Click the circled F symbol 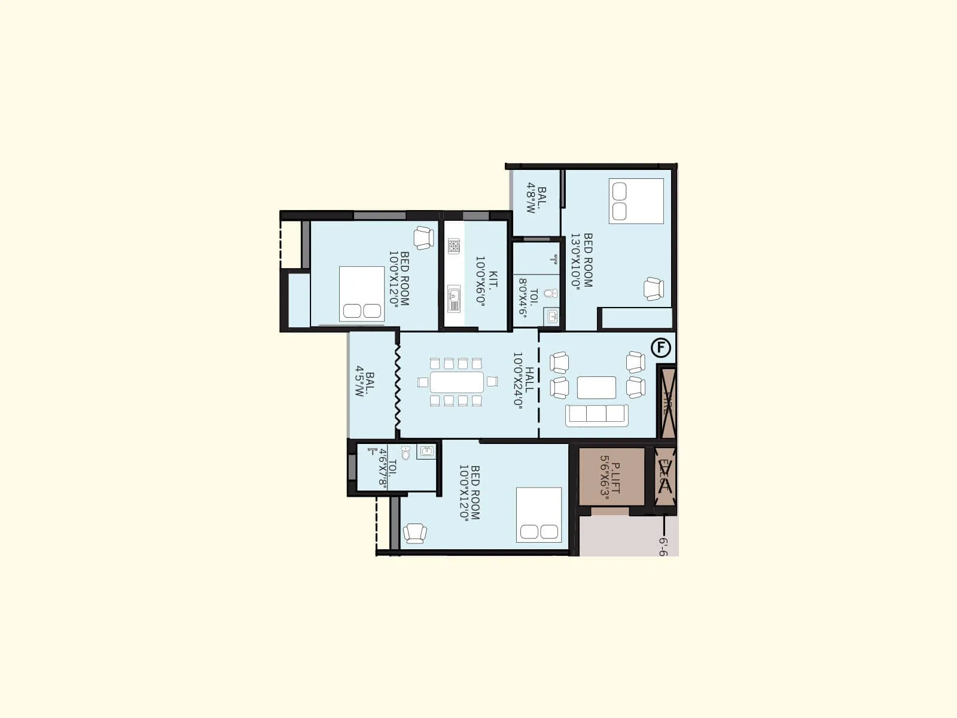660,348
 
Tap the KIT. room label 486,281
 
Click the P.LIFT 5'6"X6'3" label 611,477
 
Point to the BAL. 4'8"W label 536,199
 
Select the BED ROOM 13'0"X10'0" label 581,261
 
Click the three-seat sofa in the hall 597,414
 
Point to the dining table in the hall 457,382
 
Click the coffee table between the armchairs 596,387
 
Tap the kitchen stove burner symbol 454,245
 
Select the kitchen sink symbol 454,297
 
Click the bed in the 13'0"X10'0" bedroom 636,201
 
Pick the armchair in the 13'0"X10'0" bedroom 654,289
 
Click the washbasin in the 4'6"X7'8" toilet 426,451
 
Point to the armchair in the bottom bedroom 415,533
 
